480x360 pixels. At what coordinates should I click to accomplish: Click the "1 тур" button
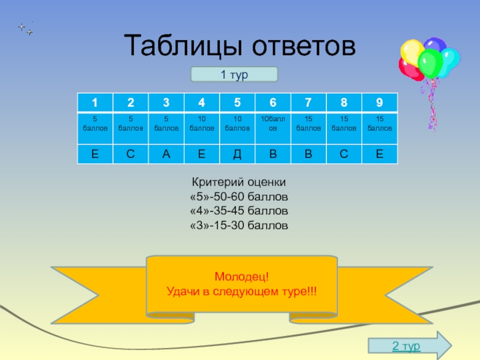234,74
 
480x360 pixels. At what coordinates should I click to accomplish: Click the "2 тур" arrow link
406,346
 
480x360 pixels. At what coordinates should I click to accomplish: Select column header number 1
95,102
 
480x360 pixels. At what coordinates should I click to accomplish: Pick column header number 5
237,102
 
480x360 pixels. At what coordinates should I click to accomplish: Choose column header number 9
379,102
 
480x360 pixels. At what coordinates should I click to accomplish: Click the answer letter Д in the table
237,155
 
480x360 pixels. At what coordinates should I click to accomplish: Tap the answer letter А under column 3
166,155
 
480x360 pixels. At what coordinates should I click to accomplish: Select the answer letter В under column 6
273,155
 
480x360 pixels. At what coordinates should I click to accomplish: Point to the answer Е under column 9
379,155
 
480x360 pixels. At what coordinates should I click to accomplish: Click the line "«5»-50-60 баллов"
239,197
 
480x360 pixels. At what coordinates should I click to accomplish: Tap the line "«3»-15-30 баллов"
239,226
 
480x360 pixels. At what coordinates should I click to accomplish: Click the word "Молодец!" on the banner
242,277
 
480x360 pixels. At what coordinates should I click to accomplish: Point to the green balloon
429,62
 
